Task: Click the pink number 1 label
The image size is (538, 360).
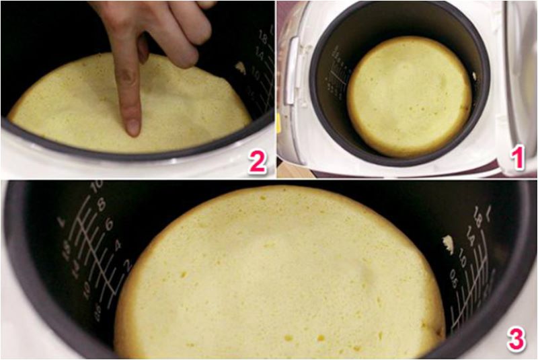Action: [x=516, y=159]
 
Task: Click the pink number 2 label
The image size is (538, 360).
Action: [x=257, y=162]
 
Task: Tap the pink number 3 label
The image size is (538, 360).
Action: [x=516, y=340]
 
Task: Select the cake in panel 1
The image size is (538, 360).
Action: [x=409, y=96]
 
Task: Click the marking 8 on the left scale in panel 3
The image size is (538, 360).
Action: [x=101, y=206]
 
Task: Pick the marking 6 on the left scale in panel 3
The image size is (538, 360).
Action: [x=109, y=225]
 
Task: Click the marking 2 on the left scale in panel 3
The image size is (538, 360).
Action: [x=123, y=265]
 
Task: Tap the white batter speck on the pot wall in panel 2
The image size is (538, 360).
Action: [x=239, y=67]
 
